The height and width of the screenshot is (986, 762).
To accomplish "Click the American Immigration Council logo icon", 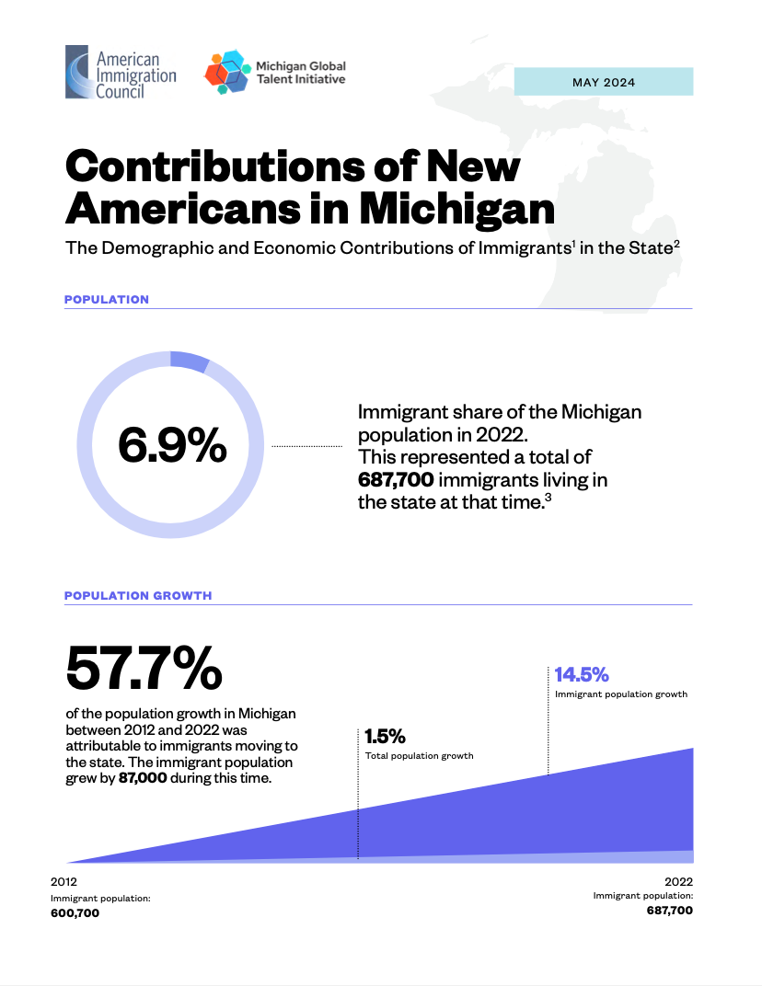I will tap(77, 72).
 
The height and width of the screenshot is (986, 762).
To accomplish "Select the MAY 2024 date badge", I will tap(603, 82).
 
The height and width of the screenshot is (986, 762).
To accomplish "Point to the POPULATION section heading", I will tap(106, 299).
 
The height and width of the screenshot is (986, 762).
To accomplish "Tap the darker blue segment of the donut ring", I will tap(190, 361).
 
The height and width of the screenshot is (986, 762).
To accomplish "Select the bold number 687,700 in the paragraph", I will tap(396, 479).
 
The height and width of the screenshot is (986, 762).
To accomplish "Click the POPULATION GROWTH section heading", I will tap(138, 595).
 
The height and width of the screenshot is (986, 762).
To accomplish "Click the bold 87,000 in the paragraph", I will tap(143, 777).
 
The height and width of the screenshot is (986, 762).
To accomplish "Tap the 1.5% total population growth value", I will tap(385, 737).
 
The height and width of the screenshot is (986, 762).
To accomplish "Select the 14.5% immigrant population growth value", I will tap(582, 675).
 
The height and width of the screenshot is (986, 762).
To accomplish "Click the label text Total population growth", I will tap(419, 756).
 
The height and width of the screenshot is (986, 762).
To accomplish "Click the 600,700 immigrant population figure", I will tap(75, 913).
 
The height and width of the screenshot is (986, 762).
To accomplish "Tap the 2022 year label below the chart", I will tap(678, 881).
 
